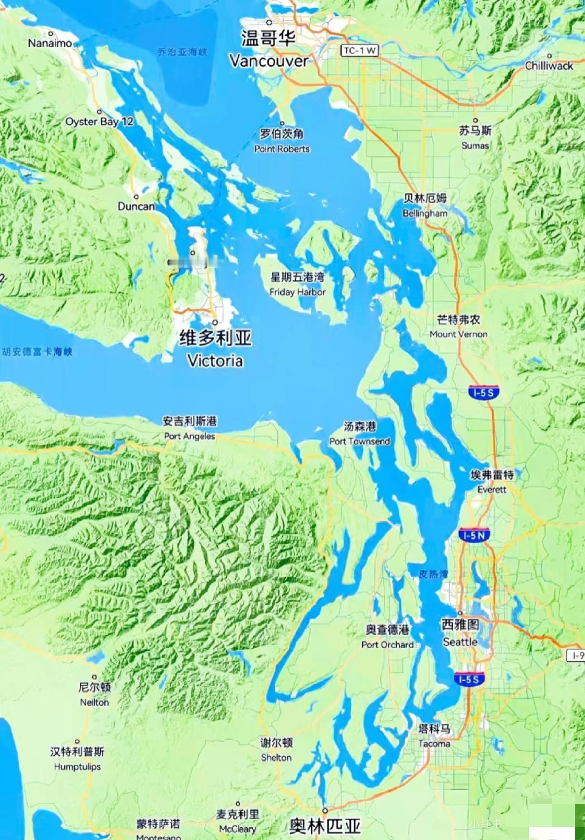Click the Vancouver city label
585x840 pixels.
[269, 60]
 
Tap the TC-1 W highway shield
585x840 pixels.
[360, 50]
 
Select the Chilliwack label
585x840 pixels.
[548, 66]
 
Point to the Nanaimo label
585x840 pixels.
[50, 43]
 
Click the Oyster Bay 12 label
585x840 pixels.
[99, 121]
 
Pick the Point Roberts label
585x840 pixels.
[282, 148]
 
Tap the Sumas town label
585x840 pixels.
[475, 145]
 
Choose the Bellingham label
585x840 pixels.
[425, 213]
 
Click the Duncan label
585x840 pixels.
[136, 206]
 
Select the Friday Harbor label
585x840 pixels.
[298, 292]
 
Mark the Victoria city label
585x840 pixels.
[215, 360]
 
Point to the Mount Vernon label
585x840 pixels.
[458, 334]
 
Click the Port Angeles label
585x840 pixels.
[190, 436]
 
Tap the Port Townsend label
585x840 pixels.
[360, 441]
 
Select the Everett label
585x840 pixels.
[492, 489]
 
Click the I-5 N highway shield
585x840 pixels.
[474, 535]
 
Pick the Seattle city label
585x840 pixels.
[460, 641]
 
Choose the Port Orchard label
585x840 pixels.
[388, 645]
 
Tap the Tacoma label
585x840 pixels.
[434, 744]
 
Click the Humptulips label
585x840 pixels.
[77, 766]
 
